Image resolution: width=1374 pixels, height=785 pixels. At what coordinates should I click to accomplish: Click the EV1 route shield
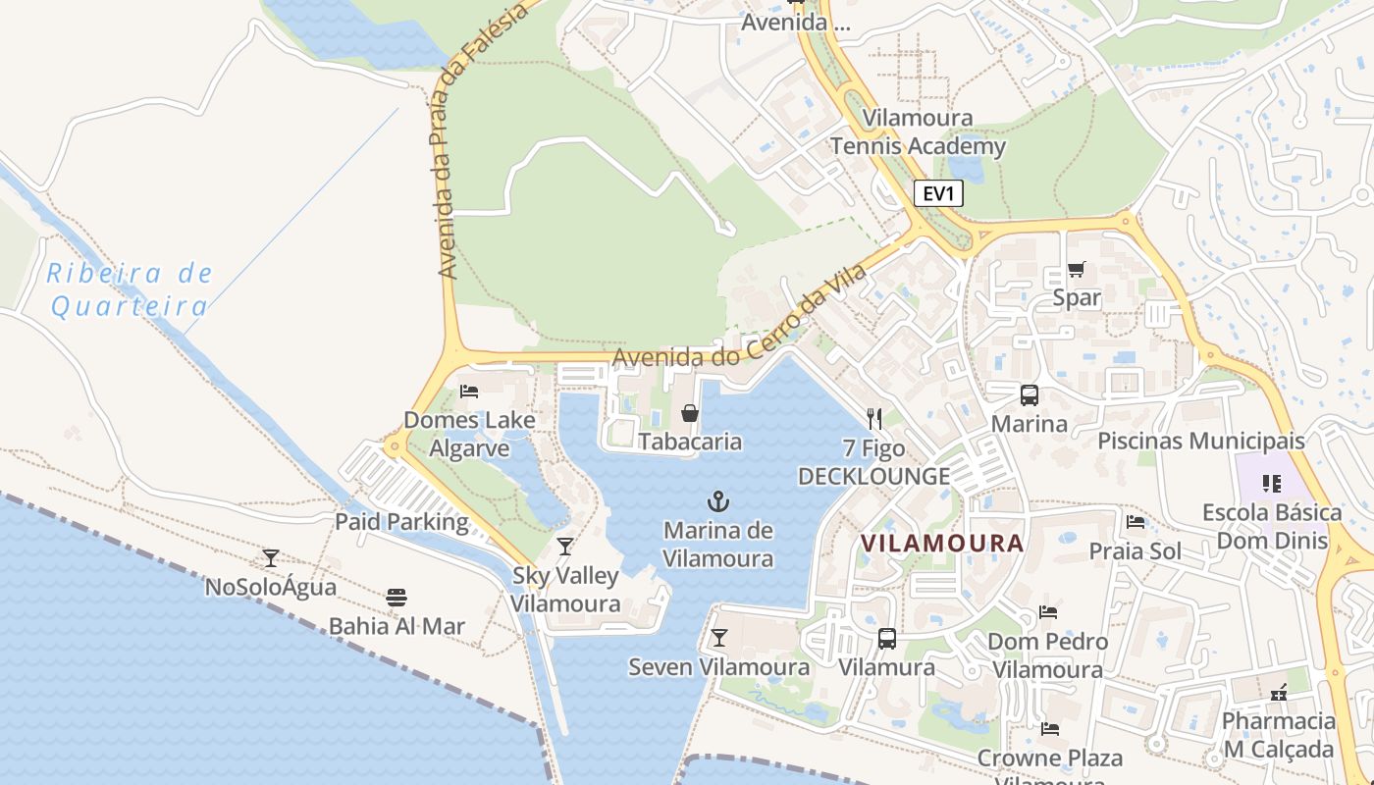(x=938, y=193)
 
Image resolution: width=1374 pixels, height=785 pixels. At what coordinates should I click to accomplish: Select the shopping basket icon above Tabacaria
(x=690, y=413)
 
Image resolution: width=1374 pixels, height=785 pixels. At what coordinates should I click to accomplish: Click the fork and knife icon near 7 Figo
(x=874, y=419)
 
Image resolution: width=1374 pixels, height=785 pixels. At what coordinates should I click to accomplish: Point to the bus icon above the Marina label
(x=1029, y=395)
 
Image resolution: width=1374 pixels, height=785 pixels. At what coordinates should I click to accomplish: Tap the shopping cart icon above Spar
(x=1077, y=269)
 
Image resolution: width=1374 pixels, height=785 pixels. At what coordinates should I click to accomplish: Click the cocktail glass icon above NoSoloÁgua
(x=271, y=557)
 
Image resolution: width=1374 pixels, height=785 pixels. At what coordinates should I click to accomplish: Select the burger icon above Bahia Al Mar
(x=396, y=597)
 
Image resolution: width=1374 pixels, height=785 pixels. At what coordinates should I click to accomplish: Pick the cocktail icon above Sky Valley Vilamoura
(x=564, y=546)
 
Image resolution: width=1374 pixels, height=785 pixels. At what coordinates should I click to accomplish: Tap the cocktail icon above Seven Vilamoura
(x=719, y=638)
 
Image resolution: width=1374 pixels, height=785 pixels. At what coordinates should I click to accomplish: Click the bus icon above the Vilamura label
(x=886, y=638)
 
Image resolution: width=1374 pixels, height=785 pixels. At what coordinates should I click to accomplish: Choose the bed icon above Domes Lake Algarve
(x=469, y=391)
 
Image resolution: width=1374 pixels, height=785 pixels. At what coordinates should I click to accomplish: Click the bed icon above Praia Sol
(x=1136, y=521)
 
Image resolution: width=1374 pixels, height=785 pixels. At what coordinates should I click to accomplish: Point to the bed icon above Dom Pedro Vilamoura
(x=1048, y=612)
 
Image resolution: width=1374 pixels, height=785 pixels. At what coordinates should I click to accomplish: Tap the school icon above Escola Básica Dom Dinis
(x=1272, y=483)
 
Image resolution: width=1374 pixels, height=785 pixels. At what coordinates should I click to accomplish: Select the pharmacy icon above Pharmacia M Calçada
(x=1279, y=693)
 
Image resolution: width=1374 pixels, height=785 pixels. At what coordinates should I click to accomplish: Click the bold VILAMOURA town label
(x=942, y=543)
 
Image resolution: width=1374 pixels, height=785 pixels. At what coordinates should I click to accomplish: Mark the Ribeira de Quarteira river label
(x=130, y=289)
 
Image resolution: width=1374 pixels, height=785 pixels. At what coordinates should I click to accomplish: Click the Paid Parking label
(x=402, y=521)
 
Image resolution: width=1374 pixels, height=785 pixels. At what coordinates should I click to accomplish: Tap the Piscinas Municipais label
(x=1201, y=441)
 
